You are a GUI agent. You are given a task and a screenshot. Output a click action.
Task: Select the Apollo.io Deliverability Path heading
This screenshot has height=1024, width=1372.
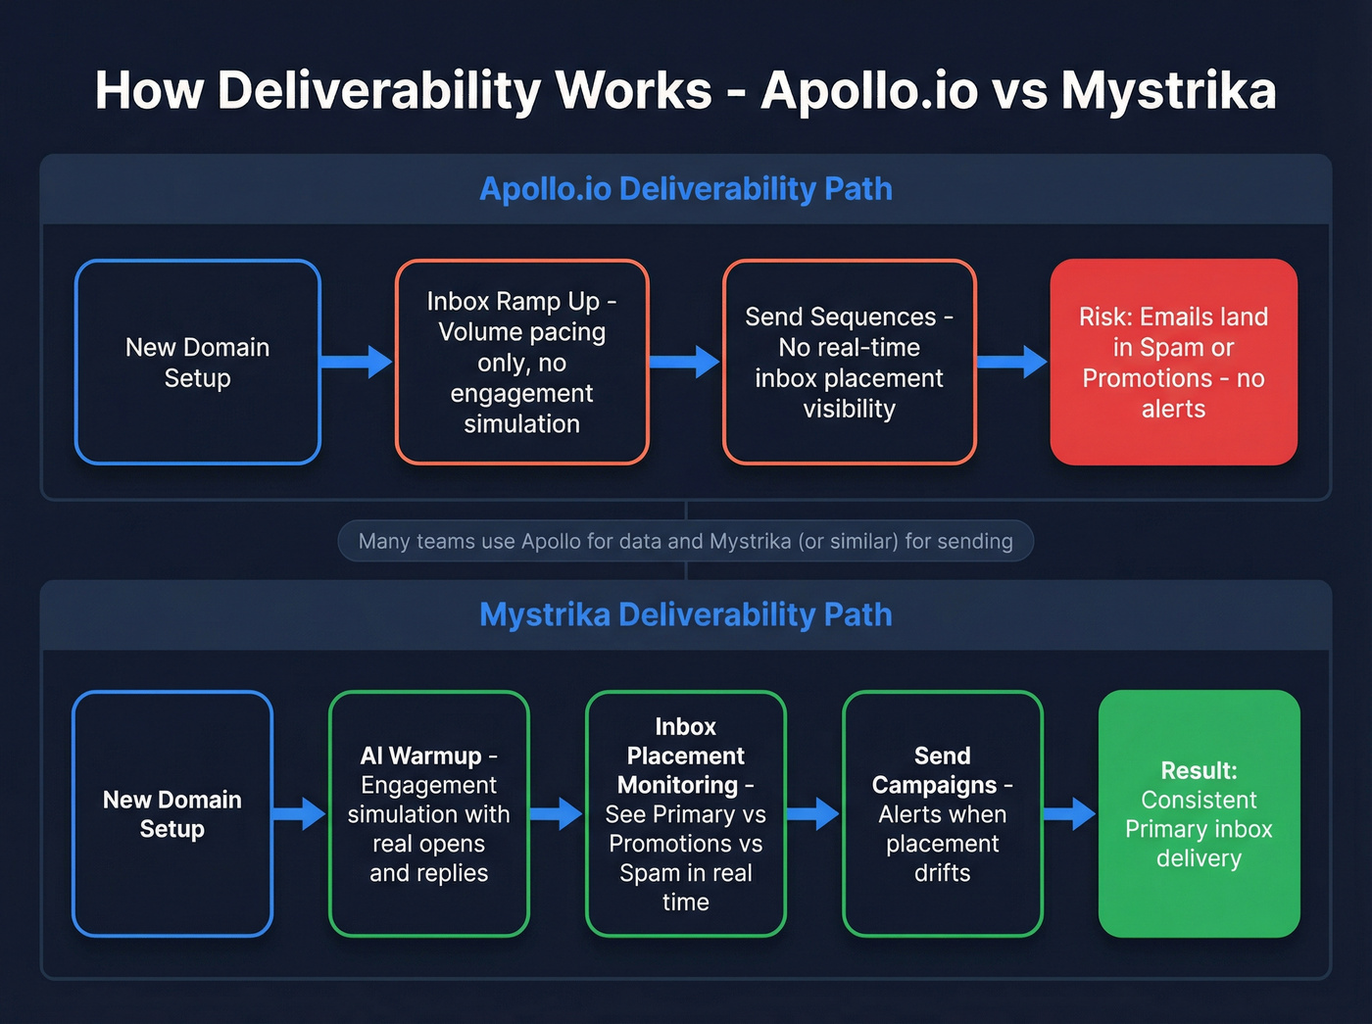click(x=686, y=188)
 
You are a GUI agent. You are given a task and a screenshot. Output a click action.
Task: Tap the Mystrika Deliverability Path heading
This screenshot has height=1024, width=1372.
click(x=686, y=614)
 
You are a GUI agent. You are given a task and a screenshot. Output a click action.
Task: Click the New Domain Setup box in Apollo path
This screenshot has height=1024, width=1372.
click(x=198, y=362)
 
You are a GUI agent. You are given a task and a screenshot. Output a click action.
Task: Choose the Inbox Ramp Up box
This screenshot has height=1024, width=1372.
click(x=521, y=362)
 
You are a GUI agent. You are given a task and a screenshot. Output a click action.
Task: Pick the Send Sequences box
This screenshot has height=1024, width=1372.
click(x=849, y=362)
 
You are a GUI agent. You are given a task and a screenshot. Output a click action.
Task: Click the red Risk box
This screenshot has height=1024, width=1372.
click(x=1173, y=362)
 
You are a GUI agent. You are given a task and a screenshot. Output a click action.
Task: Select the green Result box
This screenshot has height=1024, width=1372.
click(x=1199, y=813)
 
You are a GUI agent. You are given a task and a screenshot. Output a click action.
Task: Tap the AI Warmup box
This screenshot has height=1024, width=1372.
click(x=428, y=813)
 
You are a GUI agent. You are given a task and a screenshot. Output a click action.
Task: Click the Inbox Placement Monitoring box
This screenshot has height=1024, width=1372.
click(x=685, y=813)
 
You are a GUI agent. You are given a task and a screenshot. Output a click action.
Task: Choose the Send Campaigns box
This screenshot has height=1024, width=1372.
click(x=942, y=813)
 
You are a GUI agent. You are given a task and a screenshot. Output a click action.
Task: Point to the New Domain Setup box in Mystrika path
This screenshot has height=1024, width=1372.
click(x=172, y=813)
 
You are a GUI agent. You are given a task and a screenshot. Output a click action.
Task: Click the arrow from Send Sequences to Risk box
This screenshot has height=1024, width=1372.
click(x=1012, y=362)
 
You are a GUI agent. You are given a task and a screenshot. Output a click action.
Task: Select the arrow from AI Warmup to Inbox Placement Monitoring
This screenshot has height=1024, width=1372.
click(x=557, y=813)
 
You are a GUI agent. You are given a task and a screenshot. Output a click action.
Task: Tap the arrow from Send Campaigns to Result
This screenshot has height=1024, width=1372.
click(x=1069, y=813)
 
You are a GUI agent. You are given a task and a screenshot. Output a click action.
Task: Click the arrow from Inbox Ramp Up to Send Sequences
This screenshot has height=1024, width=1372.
click(x=685, y=362)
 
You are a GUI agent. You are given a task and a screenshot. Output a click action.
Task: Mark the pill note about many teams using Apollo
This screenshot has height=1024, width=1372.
click(x=686, y=541)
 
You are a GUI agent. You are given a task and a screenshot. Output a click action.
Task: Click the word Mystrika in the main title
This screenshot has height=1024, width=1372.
click(x=1168, y=91)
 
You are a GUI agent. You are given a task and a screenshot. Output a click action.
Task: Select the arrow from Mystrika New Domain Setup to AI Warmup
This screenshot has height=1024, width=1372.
click(x=300, y=813)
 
